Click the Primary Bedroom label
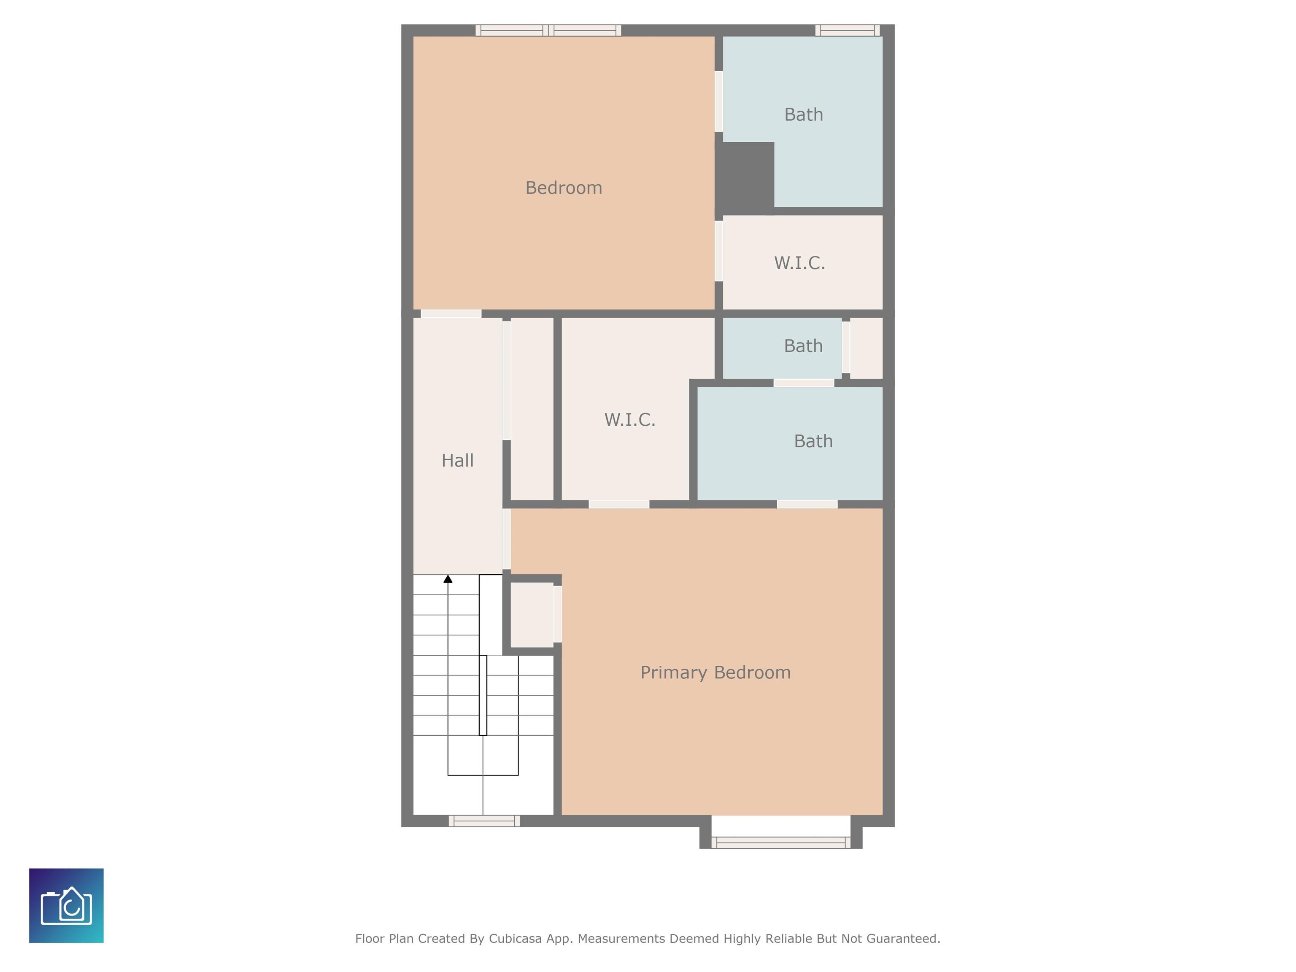tap(715, 672)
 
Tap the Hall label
tap(458, 461)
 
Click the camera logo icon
tap(66, 905)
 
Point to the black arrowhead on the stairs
tap(448, 579)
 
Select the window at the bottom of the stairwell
tap(484, 821)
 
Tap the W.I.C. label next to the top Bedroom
tap(800, 263)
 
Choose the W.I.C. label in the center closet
tap(630, 419)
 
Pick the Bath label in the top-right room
tap(804, 114)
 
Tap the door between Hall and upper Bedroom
tap(451, 313)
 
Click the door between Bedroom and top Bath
tap(719, 101)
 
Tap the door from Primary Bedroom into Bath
tap(807, 505)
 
